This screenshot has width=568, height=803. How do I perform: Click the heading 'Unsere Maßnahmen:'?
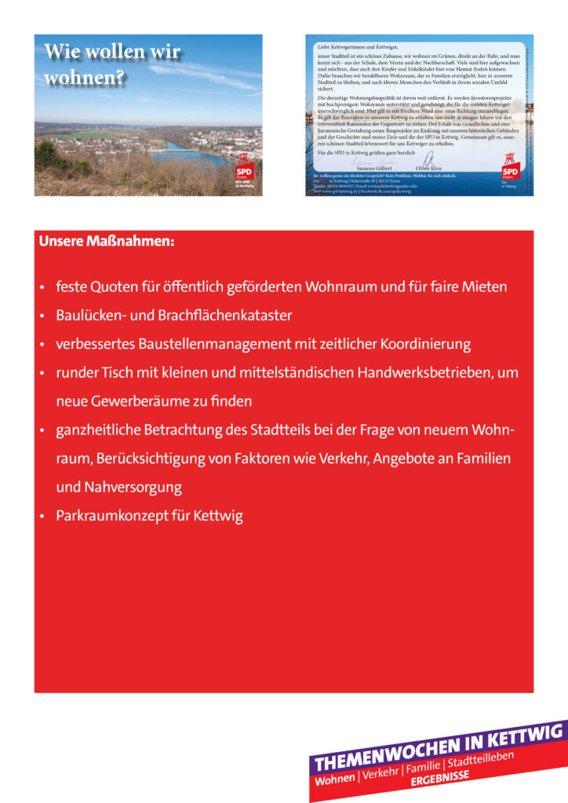pyautogui.click(x=107, y=242)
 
